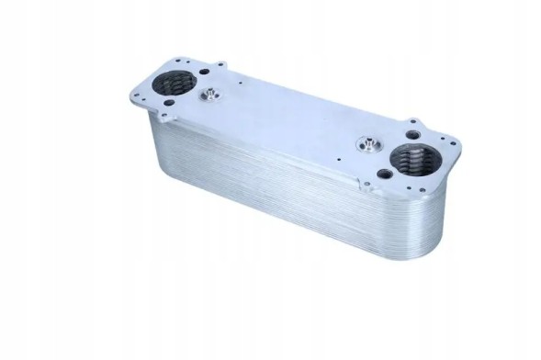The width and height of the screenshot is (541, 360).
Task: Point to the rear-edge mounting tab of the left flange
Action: [x=220, y=65]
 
